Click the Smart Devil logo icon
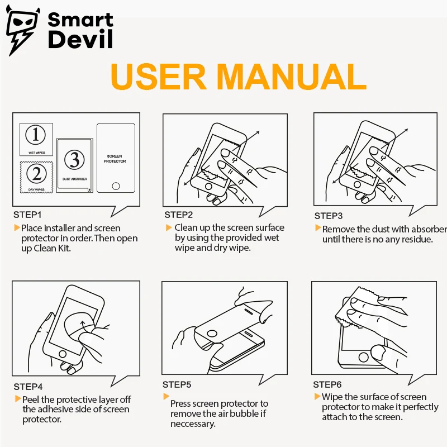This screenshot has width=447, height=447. pyautogui.click(x=22, y=30)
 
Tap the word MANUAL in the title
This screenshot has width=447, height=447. pyautogui.click(x=292, y=77)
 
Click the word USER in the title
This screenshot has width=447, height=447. pyautogui.click(x=158, y=77)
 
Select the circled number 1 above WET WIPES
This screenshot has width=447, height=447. pyautogui.click(x=36, y=135)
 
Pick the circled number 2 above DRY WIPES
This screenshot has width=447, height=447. pyautogui.click(x=36, y=173)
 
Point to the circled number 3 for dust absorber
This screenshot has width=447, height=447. pyautogui.click(x=74, y=159)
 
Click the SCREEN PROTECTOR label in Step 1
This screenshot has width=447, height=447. pyautogui.click(x=115, y=159)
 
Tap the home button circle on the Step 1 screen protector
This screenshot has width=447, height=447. pyautogui.click(x=116, y=186)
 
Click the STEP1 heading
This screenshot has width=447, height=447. pyautogui.click(x=27, y=215)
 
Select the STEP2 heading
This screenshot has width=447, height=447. pyautogui.click(x=178, y=215)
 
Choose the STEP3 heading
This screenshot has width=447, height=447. pyautogui.click(x=329, y=216)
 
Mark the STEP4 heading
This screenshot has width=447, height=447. pyautogui.click(x=28, y=387)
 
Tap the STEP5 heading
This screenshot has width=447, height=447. pyautogui.click(x=177, y=384)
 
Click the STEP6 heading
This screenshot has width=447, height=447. pyautogui.click(x=327, y=384)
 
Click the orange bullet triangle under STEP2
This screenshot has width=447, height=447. pyautogui.click(x=169, y=227)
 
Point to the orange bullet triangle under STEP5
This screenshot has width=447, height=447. pyautogui.click(x=166, y=396)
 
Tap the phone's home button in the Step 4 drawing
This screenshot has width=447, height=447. pyautogui.click(x=63, y=354)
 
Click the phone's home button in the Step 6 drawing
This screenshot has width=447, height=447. pyautogui.click(x=364, y=357)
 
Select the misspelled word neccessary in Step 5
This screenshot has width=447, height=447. pyautogui.click(x=193, y=424)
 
